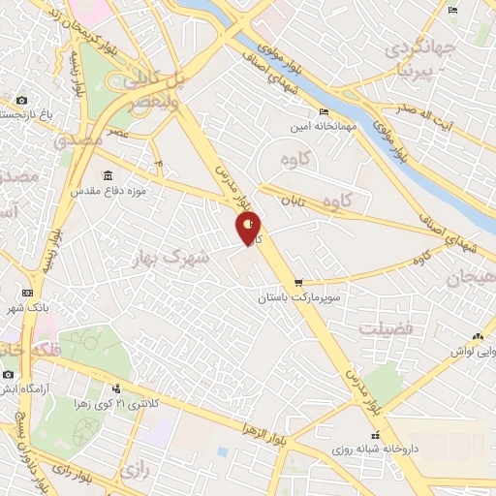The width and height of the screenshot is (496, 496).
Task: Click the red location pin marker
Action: coord(249,229)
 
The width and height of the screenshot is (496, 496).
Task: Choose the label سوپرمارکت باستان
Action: coord(294,299)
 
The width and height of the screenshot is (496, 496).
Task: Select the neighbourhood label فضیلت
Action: coord(387,329)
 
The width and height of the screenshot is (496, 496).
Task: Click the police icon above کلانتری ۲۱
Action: coord(116,388)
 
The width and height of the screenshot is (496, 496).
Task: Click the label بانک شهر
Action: coord(27,308)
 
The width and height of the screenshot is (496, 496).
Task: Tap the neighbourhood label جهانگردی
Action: coord(418,48)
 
